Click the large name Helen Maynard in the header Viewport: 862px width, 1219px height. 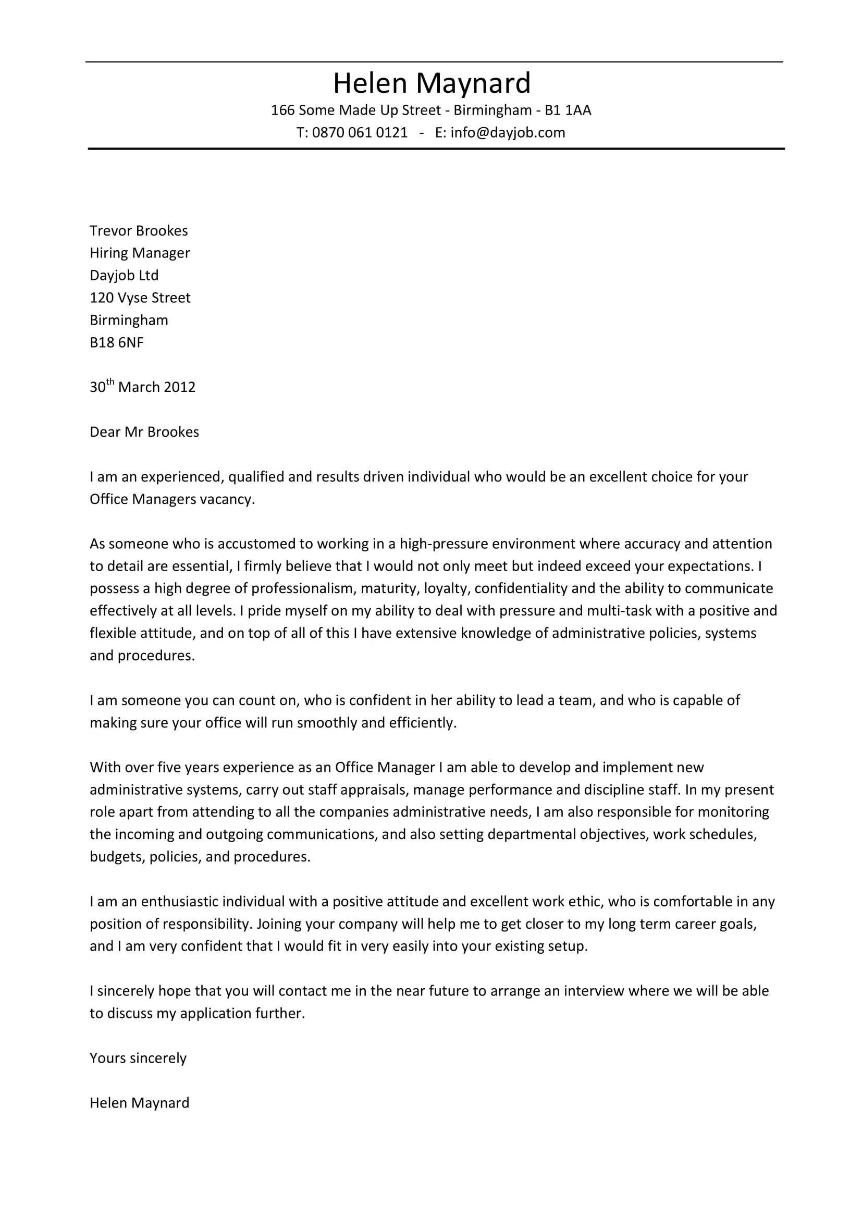(x=432, y=83)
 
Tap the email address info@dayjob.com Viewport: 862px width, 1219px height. (x=508, y=133)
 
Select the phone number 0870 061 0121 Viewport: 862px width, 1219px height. (x=360, y=133)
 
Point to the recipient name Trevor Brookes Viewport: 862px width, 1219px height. (x=139, y=231)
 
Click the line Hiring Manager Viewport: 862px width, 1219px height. (x=140, y=253)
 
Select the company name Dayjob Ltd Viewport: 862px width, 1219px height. (x=124, y=276)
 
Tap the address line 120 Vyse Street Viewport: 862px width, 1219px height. (x=140, y=298)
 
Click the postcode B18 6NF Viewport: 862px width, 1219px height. (x=117, y=342)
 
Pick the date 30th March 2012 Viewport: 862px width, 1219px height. (x=142, y=387)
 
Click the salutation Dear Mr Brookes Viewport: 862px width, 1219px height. (x=144, y=432)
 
